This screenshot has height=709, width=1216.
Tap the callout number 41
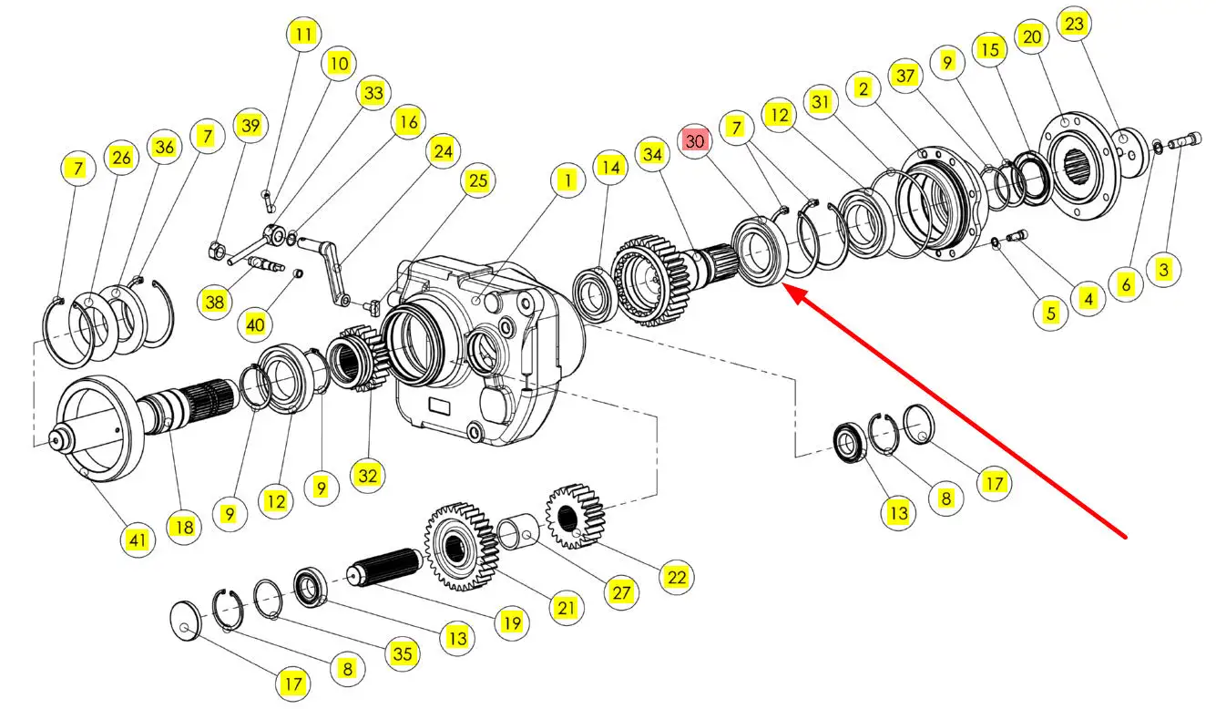point(138,540)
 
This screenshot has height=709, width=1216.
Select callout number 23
point(1074,24)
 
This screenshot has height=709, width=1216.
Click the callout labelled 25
point(477,180)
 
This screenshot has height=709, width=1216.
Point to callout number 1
point(567,180)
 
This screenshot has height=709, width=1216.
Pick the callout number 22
point(677,577)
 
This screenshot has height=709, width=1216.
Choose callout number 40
point(255,325)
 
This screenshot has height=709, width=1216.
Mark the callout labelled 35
point(403,653)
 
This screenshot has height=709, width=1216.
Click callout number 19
point(512,622)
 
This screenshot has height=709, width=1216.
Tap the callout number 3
point(1163,270)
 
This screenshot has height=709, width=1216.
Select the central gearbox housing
point(488,351)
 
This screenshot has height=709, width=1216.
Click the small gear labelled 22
point(575,516)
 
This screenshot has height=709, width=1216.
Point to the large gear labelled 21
point(462,546)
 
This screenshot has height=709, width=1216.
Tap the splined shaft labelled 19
point(385,567)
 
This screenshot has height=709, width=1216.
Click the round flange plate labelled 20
point(1079,166)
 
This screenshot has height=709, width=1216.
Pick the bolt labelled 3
point(1184,140)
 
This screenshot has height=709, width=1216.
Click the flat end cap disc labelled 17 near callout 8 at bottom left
point(186,621)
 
